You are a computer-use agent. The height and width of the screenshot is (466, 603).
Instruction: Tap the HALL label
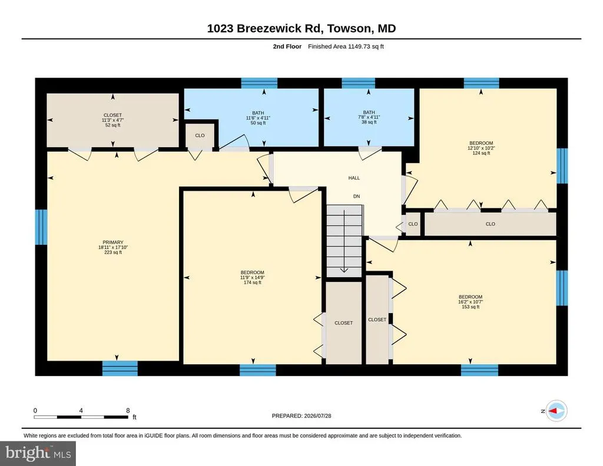pos(354,178)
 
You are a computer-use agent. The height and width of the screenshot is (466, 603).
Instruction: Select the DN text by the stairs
pos(356,197)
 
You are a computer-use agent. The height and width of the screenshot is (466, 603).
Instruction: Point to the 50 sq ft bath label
pos(258,118)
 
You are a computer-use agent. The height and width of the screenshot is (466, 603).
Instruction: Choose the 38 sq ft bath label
pos(369,117)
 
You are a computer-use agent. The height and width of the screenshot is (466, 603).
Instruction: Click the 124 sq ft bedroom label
pos(481,148)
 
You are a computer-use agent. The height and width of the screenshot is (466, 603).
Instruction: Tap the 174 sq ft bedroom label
pos(252,277)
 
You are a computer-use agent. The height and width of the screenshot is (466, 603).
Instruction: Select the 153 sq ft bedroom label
pos(471,302)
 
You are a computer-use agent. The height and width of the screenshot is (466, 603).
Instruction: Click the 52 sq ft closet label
pos(112,120)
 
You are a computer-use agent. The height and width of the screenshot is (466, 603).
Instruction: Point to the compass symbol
pos(556,411)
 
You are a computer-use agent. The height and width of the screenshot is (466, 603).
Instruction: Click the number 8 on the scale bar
pos(128,410)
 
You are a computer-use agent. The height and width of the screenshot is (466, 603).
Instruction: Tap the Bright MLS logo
pos(38,454)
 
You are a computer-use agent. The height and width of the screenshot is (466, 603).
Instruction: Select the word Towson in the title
pos(350,28)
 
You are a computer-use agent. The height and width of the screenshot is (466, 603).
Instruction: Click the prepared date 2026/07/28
pos(317,415)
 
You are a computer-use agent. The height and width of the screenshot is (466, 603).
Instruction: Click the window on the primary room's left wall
pos(41,227)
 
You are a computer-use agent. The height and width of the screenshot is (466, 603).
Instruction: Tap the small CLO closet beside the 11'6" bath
pos(200,135)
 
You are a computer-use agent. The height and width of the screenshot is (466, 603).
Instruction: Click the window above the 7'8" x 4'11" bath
pos(359,83)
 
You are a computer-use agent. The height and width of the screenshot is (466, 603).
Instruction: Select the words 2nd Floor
pos(287,46)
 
